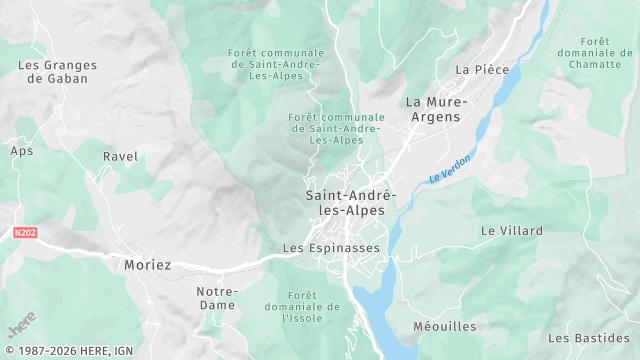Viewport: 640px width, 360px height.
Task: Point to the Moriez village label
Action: (148, 265)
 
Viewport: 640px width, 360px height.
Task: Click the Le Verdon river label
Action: (449, 163)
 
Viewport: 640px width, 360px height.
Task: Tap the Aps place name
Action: (22, 151)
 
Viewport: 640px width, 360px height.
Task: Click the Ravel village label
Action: (120, 157)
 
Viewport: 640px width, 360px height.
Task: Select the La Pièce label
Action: (482, 70)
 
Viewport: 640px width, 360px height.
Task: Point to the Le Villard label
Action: (512, 231)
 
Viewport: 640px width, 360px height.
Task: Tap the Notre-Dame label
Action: (210, 297)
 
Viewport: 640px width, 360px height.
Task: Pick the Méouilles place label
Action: (446, 327)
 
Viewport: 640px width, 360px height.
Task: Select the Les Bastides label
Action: (588, 338)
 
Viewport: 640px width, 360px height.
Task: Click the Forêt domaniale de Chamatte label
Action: (596, 53)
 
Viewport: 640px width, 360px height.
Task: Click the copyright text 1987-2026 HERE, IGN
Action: (67, 351)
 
